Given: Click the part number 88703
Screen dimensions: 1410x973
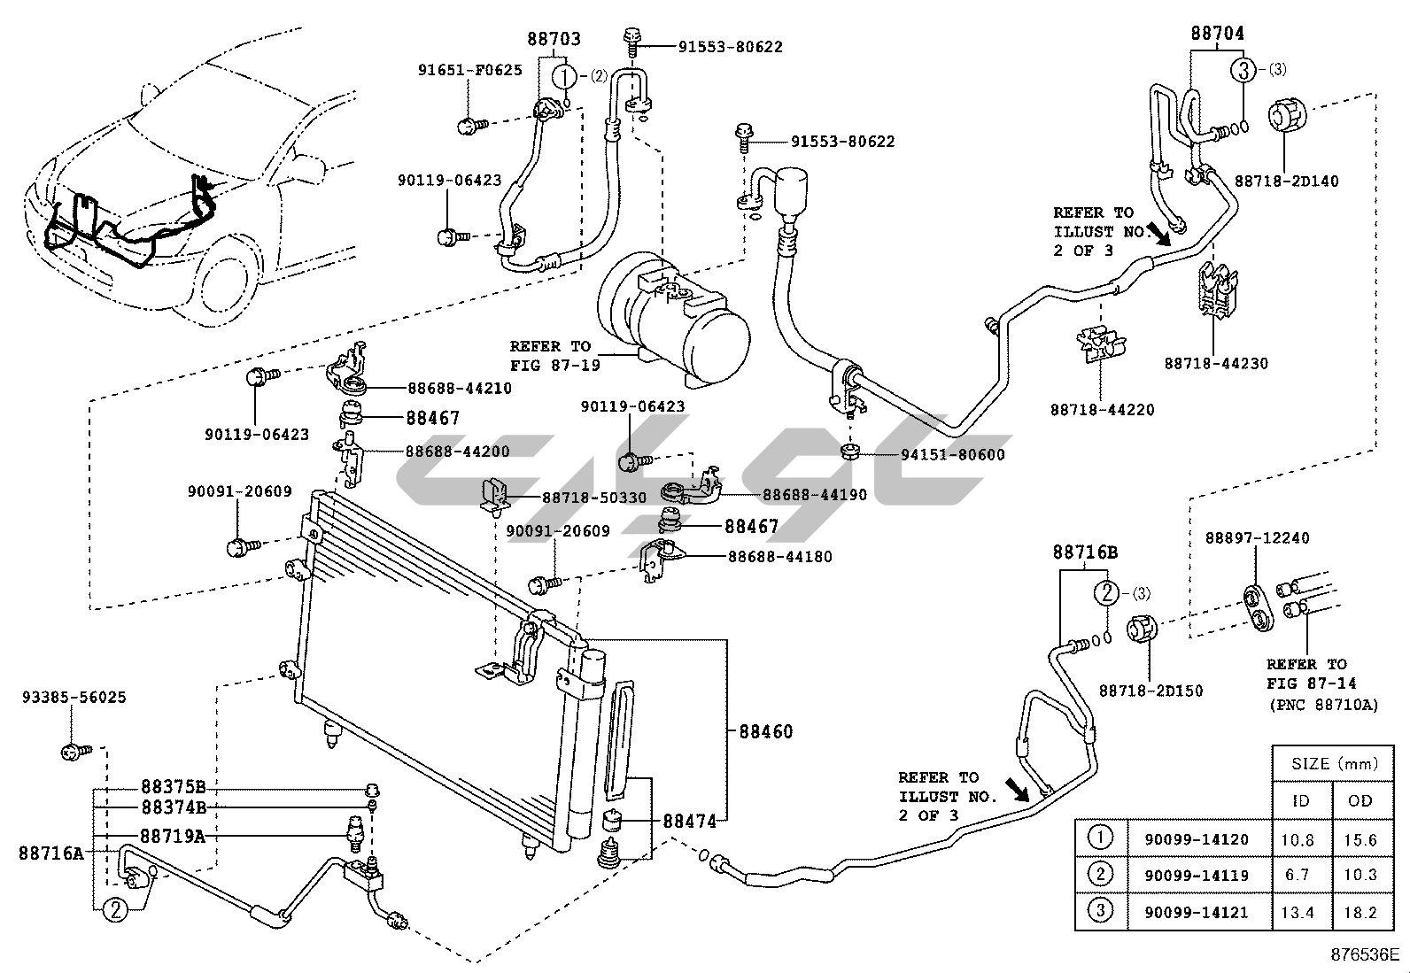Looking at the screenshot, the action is [554, 39].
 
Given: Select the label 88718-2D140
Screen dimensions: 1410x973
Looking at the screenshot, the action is [1286, 181].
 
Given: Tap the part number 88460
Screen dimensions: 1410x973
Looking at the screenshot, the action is [765, 731].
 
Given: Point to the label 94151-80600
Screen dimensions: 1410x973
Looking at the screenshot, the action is [952, 454].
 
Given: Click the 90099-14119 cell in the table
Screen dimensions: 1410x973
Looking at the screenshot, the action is [1196, 875].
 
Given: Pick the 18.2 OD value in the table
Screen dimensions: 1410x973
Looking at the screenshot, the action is [1360, 912].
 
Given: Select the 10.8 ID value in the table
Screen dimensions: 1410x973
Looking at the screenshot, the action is [1298, 839].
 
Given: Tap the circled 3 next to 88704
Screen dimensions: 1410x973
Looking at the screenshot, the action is [1243, 70].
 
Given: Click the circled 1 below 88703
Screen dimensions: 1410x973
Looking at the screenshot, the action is [565, 77].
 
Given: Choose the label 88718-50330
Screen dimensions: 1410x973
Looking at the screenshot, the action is [594, 498].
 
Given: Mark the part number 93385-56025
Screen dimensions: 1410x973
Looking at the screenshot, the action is [74, 698].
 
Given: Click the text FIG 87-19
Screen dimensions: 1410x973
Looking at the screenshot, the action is [555, 366].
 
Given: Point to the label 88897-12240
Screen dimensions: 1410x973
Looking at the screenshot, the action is [1257, 538].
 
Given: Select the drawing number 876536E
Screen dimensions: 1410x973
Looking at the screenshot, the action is [1364, 954].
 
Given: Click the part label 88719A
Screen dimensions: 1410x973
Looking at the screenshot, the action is [173, 836].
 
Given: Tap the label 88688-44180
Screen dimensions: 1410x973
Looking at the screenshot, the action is [780, 557].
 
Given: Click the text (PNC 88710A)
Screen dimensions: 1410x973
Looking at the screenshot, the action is [1324, 705].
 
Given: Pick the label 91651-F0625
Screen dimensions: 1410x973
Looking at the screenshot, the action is [470, 71].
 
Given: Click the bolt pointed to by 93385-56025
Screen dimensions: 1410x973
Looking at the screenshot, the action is [75, 752].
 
